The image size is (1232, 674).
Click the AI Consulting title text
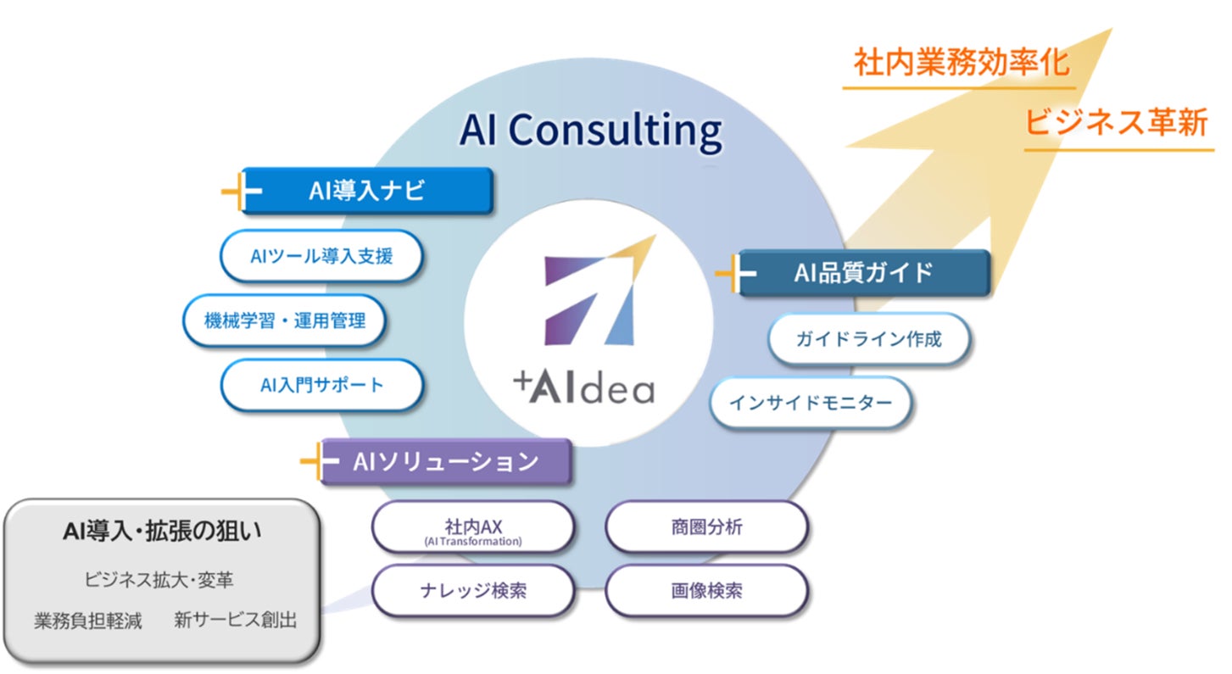point(590,130)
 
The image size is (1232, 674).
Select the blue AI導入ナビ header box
point(366,191)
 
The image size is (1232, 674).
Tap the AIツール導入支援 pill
point(321,255)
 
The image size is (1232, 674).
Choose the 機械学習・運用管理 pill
point(285,320)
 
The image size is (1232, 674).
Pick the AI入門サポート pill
point(321,385)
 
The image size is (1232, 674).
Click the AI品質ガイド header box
point(863,272)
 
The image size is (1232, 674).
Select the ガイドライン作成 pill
point(868,339)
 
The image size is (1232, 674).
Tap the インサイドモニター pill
point(811,403)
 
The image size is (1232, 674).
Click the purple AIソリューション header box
point(444,461)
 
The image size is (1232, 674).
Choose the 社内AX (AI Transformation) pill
point(473,528)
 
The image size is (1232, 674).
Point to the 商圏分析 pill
point(706,527)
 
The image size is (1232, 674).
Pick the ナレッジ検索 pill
point(473,590)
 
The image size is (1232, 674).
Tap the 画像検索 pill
point(706,590)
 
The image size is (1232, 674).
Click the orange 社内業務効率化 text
point(961,64)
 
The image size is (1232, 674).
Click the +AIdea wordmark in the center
point(584,387)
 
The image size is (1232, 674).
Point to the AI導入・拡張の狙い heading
point(162,532)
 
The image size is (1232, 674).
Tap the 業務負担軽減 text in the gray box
point(88,621)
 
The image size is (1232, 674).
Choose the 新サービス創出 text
point(236,621)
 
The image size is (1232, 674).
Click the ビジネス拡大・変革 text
point(159,581)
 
